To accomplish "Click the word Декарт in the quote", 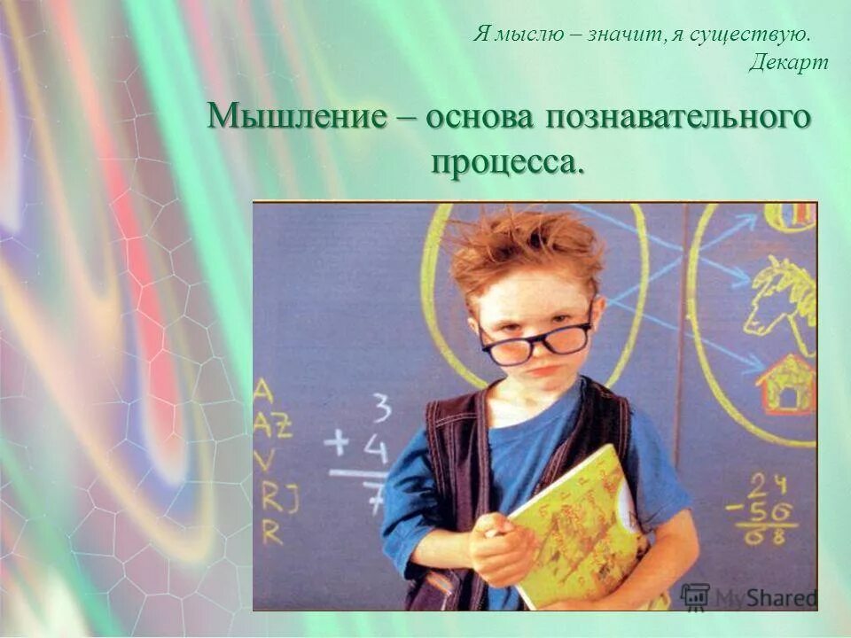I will tap(788, 62).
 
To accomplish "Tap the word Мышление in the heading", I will tap(296, 118).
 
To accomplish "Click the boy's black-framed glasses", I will tap(535, 339).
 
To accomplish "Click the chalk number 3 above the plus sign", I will tap(381, 409).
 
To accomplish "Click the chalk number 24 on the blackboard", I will tap(767, 486).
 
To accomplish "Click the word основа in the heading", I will tap(480, 118).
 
